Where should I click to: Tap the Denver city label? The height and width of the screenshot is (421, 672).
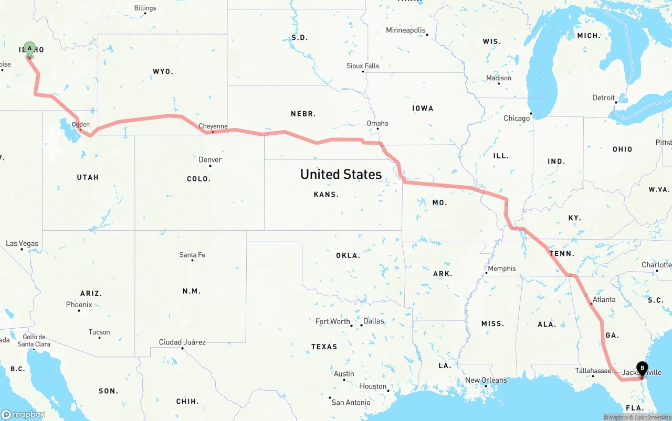coord(210,159)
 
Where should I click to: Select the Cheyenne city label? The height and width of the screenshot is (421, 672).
coord(213,126)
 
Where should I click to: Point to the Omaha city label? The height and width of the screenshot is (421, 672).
coord(377,123)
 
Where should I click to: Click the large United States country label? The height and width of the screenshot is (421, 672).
coord(341,174)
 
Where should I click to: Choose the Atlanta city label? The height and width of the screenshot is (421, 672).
coord(604,300)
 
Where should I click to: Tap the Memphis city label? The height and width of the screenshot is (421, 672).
coord(501,268)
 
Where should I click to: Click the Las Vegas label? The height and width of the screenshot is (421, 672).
coord(22,243)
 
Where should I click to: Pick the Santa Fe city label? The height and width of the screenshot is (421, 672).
coord(192,255)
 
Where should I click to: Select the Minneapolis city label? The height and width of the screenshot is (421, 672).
coord(406,30)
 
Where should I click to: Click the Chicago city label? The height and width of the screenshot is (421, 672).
coord(517,118)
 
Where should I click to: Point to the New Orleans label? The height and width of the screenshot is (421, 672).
coord(486,380)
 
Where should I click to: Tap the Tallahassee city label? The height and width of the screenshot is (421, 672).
coord(593,371)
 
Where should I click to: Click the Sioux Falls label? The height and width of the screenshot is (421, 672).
coord(363,66)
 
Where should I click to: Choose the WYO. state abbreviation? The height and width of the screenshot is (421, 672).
coord(163,71)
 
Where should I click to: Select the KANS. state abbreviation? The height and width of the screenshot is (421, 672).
coord(326,195)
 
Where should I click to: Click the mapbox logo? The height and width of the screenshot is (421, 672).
coord(23,414)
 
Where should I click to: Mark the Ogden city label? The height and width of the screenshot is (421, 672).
coord(81,124)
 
